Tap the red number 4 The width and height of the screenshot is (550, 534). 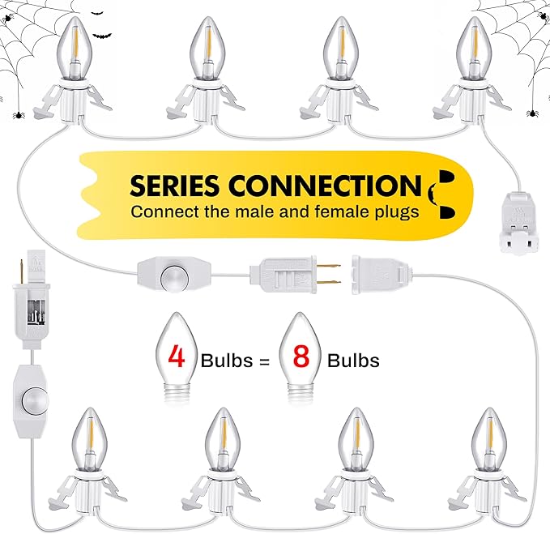pos(176,356)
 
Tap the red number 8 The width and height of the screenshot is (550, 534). pos(301,356)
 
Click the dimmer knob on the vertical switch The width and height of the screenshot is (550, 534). pos(34,400)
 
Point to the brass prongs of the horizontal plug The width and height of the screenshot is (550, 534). pos(328,274)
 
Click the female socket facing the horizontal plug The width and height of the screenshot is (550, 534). pos(382,275)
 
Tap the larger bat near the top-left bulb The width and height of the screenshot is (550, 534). pos(102,35)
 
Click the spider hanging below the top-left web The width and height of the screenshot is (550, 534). pos(19,114)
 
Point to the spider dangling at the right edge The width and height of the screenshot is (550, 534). pos(532,113)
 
